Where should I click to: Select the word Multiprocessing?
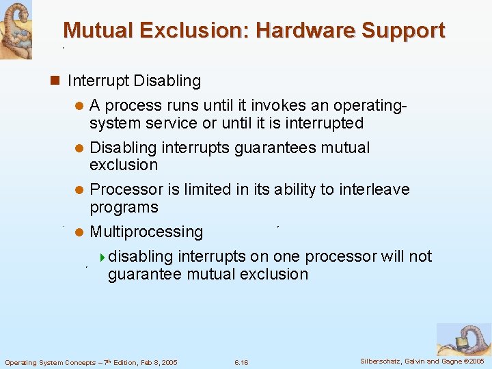click(x=146, y=232)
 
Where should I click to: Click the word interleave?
click(x=374, y=190)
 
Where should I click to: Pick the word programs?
click(x=124, y=207)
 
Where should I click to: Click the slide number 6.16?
click(x=241, y=362)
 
